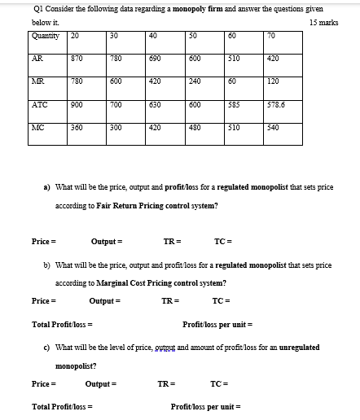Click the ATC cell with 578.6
pyautogui.click(x=277, y=105)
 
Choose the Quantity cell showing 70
pyautogui.click(x=272, y=35)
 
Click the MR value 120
pyautogui.click(x=274, y=81)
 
